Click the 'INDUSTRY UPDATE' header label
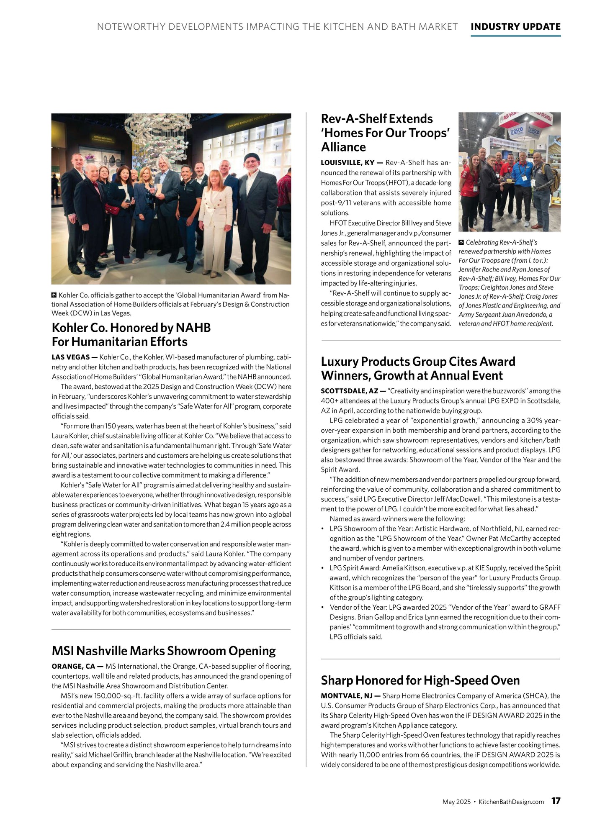[515, 27]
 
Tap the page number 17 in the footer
[556, 800]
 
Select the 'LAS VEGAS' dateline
[70, 357]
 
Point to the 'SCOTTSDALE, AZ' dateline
[350, 391]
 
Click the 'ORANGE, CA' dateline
[73, 666]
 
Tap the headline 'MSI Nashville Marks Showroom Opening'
[164, 651]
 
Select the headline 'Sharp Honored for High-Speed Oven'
[420, 680]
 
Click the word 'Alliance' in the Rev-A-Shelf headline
[343, 147]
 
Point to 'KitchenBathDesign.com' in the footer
[511, 802]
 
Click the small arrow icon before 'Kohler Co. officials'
[54, 295]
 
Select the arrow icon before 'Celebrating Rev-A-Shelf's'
[461, 242]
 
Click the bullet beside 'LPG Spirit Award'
[322, 568]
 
